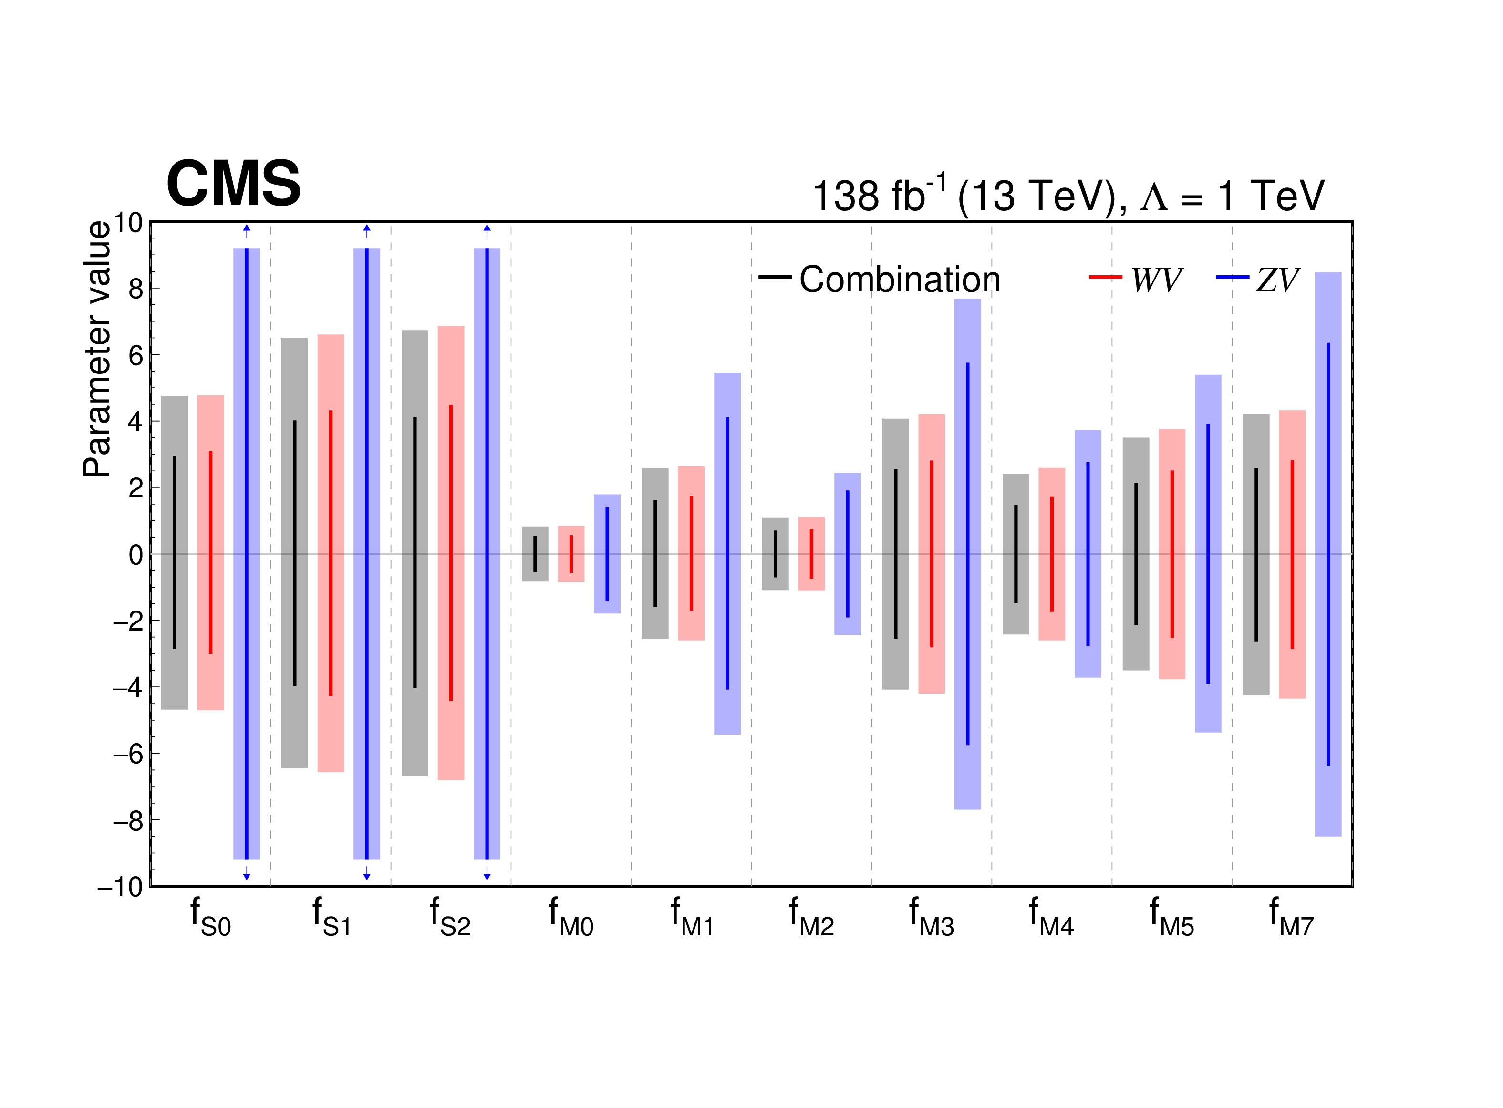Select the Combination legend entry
point(879,279)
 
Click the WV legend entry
point(1135,279)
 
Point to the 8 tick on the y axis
point(136,289)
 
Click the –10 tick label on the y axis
point(121,887)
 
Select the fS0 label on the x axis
point(210,916)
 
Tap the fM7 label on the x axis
point(1291,916)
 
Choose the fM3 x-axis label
point(931,916)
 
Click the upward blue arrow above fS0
point(246,231)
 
